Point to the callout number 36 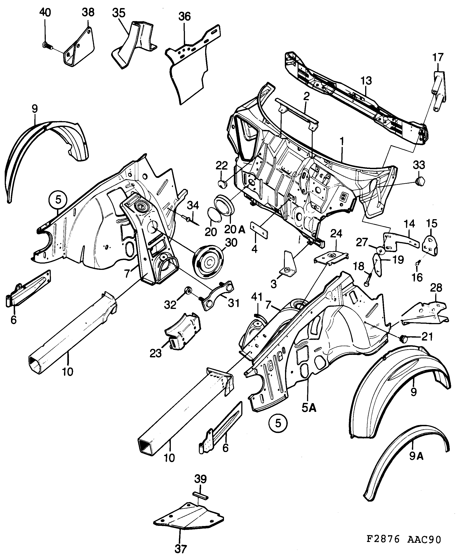(184, 17)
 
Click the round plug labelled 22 (222, 183)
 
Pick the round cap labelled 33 (419, 182)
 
